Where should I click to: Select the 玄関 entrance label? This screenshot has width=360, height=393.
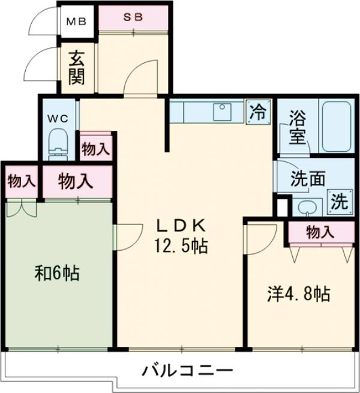pos(76,67)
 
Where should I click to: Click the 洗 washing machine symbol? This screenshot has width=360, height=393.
pos(339,200)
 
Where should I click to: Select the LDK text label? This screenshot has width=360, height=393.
pos(181,226)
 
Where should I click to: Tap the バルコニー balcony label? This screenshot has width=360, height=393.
pos(187,370)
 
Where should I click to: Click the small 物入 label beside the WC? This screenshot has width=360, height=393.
pos(95,149)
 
